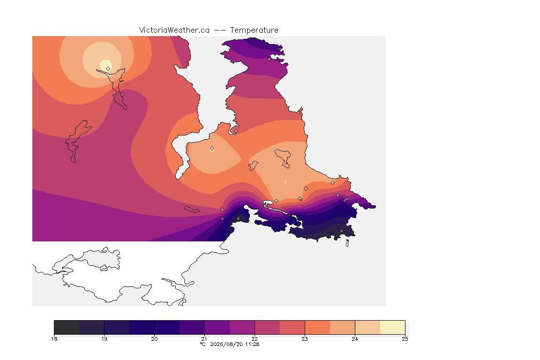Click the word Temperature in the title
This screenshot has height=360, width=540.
[254, 30]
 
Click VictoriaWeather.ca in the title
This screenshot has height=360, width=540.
[174, 30]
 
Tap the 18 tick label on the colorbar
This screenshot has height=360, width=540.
[54, 339]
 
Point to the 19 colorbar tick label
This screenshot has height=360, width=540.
[104, 339]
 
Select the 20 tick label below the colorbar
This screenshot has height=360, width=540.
[154, 339]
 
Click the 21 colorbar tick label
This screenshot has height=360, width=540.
[204, 339]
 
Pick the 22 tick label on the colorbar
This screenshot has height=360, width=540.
[255, 339]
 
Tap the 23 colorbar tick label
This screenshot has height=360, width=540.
[305, 339]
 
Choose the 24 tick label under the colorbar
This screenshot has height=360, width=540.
[355, 339]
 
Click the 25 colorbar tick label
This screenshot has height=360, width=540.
[405, 339]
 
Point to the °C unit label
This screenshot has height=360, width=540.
[202, 344]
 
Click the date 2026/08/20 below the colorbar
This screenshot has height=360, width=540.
[226, 344]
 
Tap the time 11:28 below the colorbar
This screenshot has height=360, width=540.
[252, 344]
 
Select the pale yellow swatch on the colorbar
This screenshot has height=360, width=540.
[393, 327]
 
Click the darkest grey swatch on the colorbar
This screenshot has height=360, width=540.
[67, 327]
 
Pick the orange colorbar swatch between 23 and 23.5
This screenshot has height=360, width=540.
[317, 327]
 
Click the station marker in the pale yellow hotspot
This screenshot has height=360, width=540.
[108, 68]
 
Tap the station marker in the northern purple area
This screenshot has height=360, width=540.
[270, 59]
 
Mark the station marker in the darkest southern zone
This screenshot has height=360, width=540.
[341, 231]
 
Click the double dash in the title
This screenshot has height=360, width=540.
[220, 30]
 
